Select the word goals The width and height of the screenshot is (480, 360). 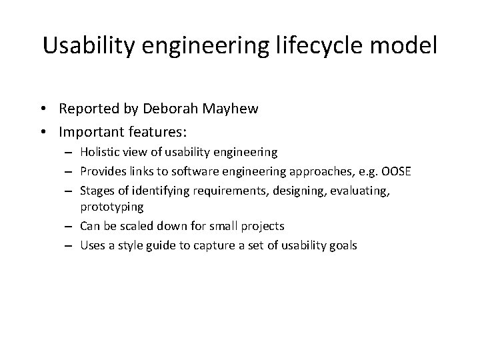[343, 245]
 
